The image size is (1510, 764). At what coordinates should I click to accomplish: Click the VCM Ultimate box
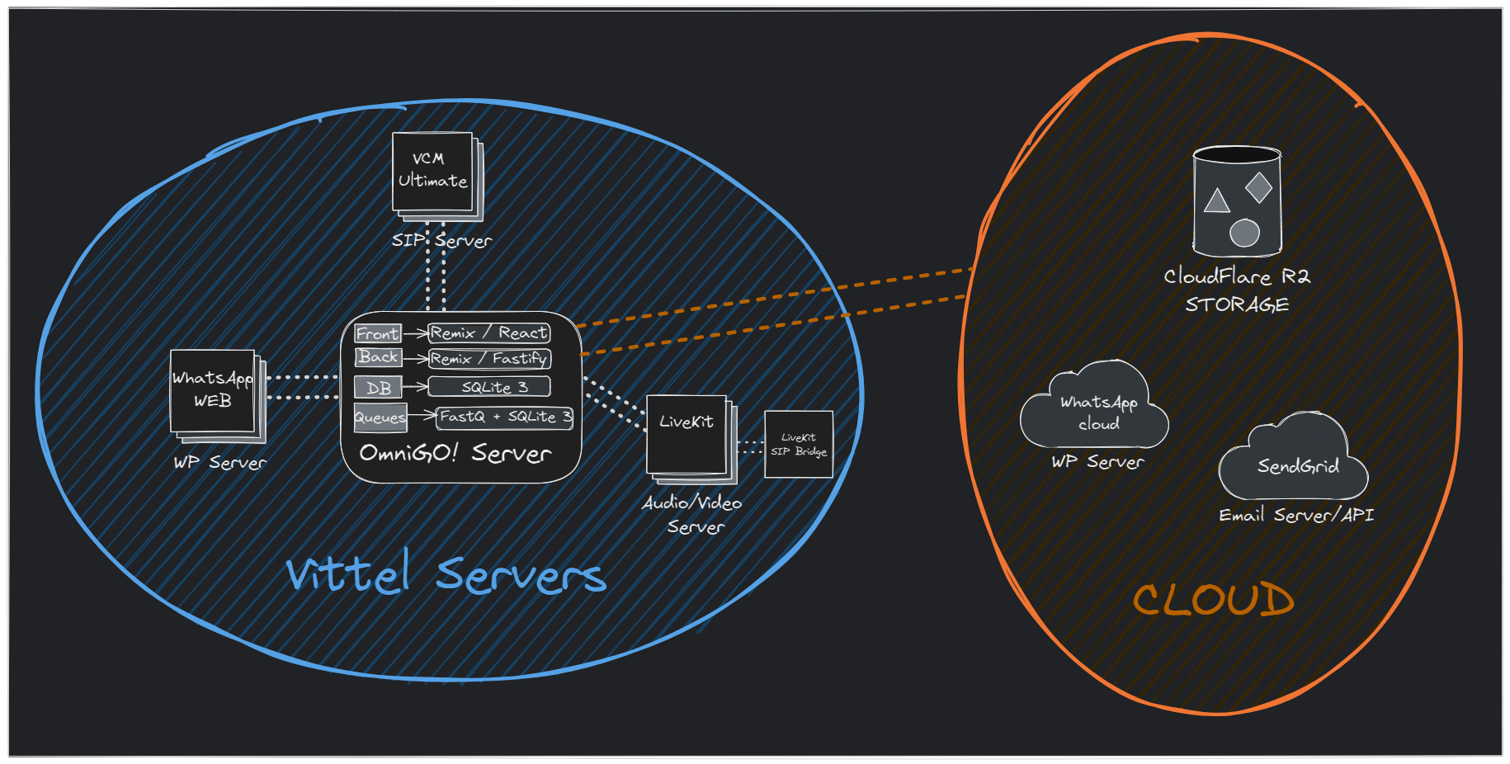coord(433,172)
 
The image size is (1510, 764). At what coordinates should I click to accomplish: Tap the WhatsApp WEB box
coord(213,389)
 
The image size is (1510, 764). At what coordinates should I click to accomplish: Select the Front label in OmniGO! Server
coord(377,333)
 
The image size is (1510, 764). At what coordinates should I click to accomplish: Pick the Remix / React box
coord(489,332)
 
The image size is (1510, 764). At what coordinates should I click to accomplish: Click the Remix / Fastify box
coord(489,359)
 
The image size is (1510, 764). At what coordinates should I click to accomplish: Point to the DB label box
coord(378,388)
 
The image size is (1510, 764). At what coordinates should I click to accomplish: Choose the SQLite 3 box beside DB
coord(489,387)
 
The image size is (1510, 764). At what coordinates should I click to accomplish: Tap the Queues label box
coord(380,417)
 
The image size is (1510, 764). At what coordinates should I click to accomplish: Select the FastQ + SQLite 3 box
coord(505,417)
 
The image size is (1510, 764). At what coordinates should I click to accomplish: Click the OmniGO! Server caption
coord(455,453)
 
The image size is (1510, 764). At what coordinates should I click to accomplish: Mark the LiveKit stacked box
coord(687,434)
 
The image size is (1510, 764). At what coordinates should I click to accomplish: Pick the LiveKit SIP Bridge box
coord(799,445)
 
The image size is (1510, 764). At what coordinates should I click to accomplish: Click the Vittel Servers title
coord(446,573)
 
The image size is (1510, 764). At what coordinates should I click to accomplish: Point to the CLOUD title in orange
coord(1213,600)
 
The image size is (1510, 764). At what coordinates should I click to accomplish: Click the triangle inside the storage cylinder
coord(1217,201)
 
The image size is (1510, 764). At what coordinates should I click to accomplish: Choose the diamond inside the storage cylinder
coord(1259,188)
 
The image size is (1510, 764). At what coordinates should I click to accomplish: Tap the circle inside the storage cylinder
coord(1244,233)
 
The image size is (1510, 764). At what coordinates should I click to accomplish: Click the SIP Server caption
coord(441,240)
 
